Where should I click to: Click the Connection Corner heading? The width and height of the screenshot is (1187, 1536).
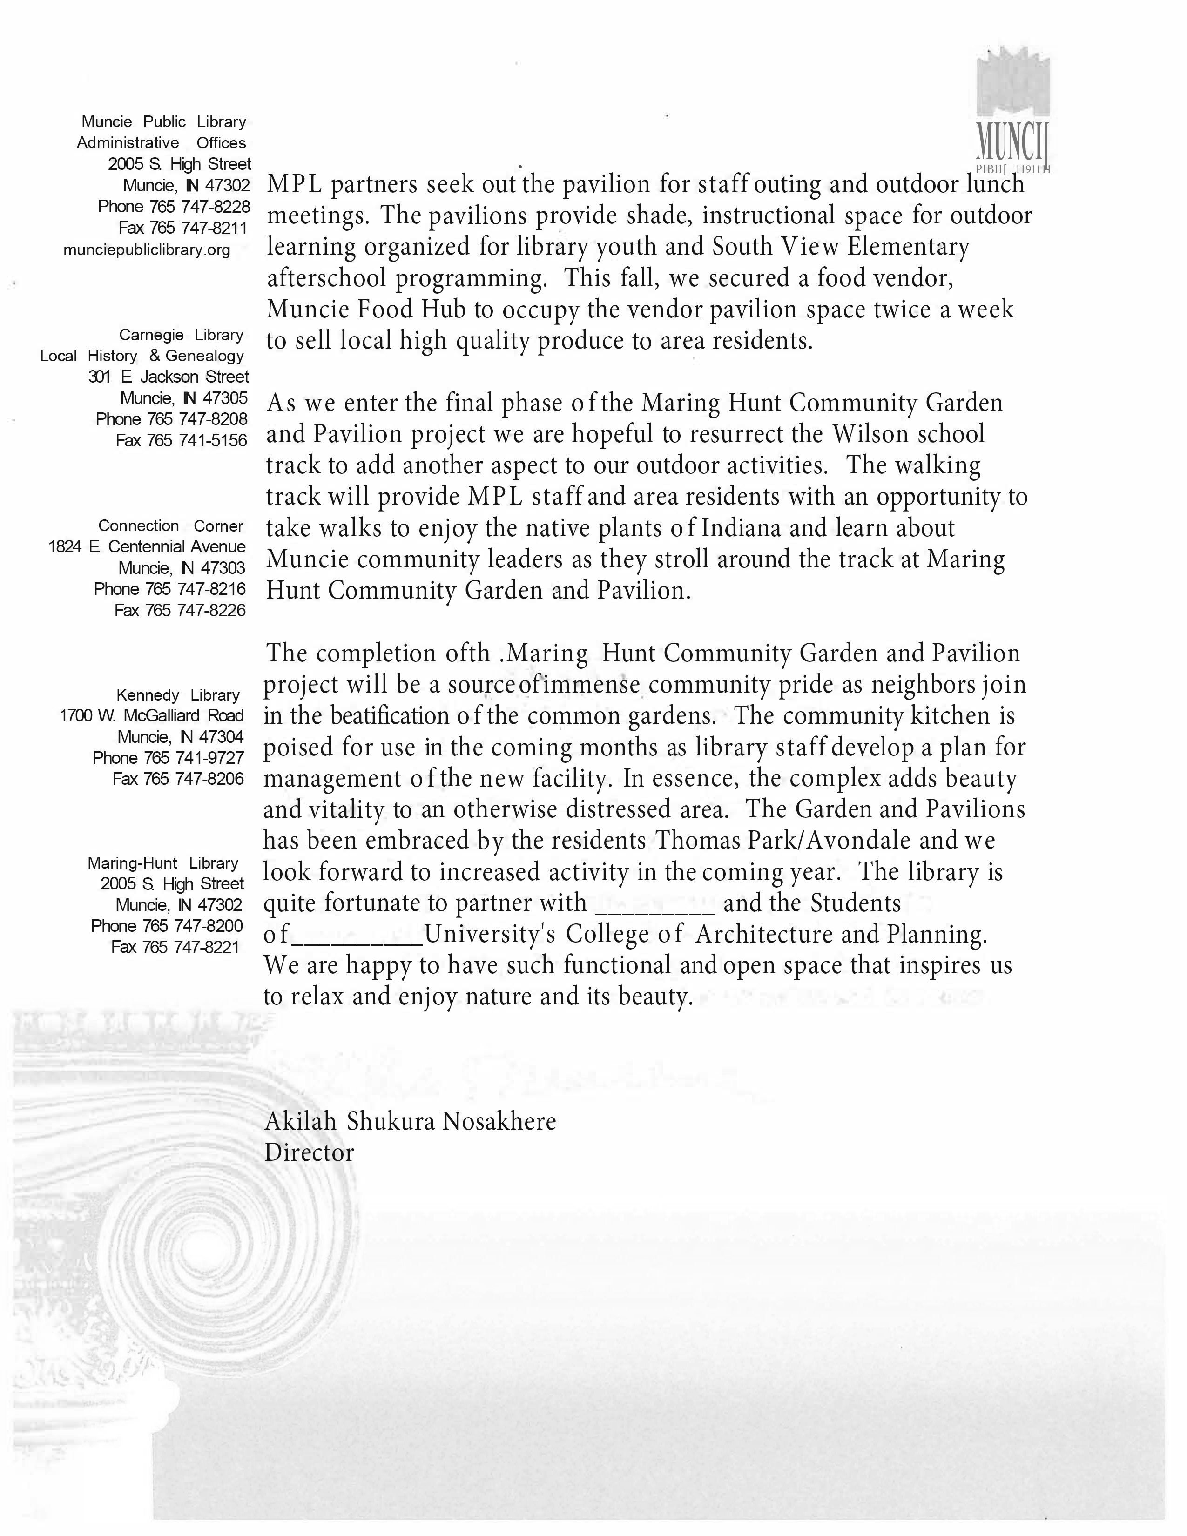[170, 526]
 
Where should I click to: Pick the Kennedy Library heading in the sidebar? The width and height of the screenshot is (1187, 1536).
[177, 695]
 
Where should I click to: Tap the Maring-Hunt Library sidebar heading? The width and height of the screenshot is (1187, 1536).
[162, 863]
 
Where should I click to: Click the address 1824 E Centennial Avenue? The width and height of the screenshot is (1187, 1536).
[146, 547]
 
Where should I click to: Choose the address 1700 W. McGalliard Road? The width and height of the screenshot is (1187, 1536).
[151, 716]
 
